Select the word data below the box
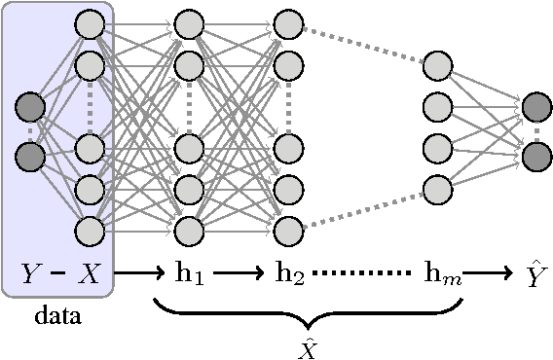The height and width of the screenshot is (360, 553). pyautogui.click(x=57, y=316)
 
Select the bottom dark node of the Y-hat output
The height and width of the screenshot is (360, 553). pyautogui.click(x=536, y=155)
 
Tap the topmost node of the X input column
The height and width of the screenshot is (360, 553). pyautogui.click(x=90, y=23)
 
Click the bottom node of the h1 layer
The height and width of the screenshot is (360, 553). pyautogui.click(x=189, y=231)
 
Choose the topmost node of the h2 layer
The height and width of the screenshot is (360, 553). pyautogui.click(x=289, y=23)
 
